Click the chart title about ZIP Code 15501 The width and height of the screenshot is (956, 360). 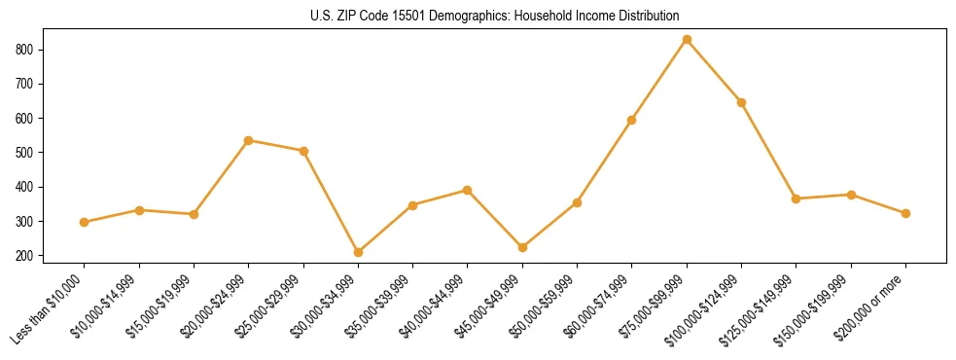[x=478, y=17]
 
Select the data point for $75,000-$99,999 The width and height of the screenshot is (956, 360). [x=687, y=40]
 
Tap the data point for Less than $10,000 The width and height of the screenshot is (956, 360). [x=85, y=222]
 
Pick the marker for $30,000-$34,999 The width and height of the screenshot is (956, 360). [x=358, y=252]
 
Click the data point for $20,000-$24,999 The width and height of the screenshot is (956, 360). [x=249, y=140]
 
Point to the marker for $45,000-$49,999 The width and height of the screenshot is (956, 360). [x=522, y=247]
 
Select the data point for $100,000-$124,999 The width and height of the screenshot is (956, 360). [x=741, y=102]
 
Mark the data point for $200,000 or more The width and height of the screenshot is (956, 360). [x=905, y=213]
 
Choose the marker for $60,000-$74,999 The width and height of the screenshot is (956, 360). [x=632, y=120]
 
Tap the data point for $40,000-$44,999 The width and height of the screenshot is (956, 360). [x=468, y=190]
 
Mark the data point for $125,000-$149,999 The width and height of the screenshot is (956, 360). [x=797, y=198]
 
